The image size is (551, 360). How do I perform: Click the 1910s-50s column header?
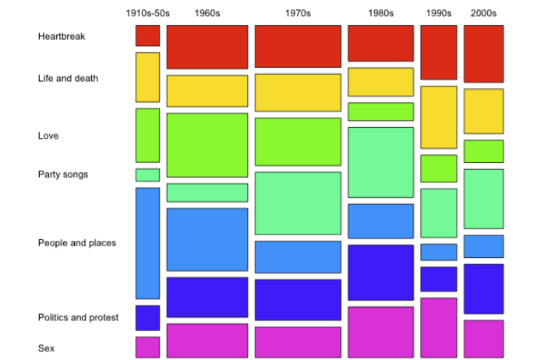tap(147, 13)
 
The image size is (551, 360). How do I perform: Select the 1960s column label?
tap(207, 13)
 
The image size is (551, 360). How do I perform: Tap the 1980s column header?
tap(380, 13)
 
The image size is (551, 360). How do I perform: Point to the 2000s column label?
tap(483, 13)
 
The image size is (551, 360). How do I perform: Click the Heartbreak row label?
tap(62, 37)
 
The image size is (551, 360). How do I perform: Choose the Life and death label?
tap(68, 78)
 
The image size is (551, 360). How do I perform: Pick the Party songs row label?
tap(63, 174)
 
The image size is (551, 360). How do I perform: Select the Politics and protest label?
tap(78, 317)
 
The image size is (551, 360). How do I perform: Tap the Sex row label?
tap(46, 348)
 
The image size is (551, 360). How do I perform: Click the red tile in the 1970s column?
tap(298, 46)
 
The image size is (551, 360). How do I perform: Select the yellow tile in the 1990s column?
tap(439, 117)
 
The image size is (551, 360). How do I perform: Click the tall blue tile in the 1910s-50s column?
tap(147, 243)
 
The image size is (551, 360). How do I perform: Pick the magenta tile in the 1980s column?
tap(380, 332)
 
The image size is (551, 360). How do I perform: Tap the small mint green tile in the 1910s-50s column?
tap(147, 175)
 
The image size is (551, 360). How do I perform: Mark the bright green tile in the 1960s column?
tap(207, 145)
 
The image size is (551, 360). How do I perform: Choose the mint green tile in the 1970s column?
tap(298, 203)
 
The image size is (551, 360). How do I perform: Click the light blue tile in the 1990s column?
tap(439, 252)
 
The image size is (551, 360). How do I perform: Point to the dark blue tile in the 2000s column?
tap(483, 288)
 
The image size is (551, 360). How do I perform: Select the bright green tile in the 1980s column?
tap(380, 111)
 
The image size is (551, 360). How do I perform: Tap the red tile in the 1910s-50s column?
tap(147, 36)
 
